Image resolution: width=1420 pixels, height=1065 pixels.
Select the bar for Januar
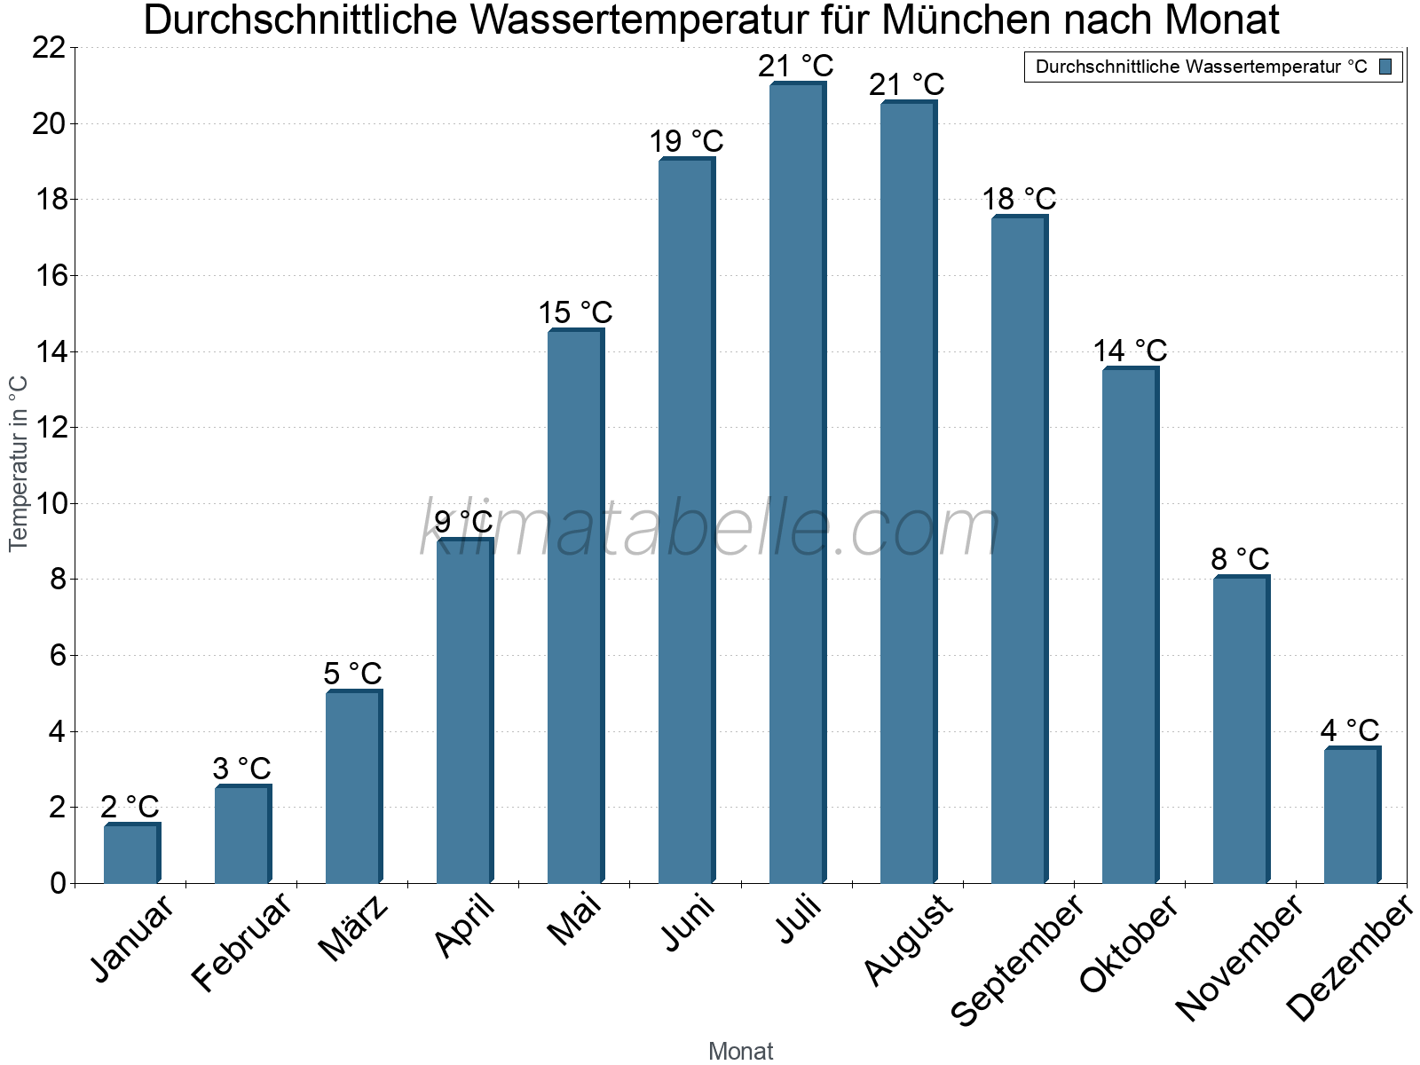tap(131, 854)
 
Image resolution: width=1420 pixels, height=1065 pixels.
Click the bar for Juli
tap(797, 484)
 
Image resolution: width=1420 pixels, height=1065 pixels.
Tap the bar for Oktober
tap(1130, 626)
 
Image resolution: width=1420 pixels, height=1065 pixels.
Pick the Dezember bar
tap(1352, 816)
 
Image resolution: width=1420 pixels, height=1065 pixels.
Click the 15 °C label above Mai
tap(575, 312)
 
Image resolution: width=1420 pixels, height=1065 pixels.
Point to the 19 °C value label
tap(686, 141)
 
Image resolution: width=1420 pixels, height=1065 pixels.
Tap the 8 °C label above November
tap(1240, 559)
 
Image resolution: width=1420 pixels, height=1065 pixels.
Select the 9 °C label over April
tap(463, 522)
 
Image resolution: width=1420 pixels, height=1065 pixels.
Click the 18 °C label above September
tap(1019, 199)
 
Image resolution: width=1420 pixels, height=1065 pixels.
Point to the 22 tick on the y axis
tap(50, 48)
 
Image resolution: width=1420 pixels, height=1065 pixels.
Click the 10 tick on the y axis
tap(50, 504)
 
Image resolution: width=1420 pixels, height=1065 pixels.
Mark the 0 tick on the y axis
tap(58, 883)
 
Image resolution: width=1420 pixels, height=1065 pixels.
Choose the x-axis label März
tap(354, 928)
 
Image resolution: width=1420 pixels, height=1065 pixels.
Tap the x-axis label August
tap(909, 941)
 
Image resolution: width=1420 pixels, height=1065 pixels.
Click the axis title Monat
tap(740, 1051)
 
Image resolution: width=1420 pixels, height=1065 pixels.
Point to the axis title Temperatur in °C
tap(19, 463)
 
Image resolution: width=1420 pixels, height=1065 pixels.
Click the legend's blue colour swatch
tap(1385, 67)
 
